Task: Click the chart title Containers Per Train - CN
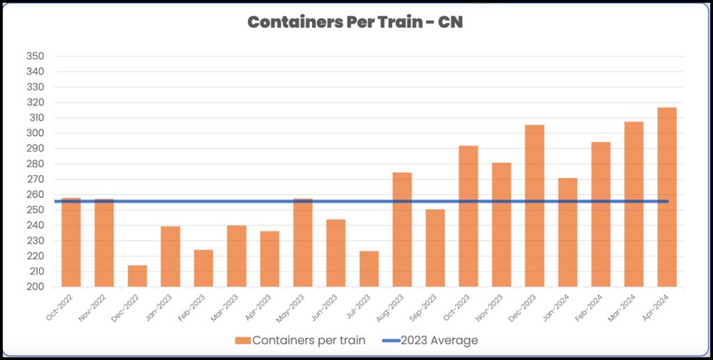tap(356, 22)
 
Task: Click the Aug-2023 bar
tap(402, 230)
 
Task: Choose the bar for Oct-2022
tap(71, 242)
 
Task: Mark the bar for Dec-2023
tap(535, 205)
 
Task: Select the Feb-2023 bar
tap(203, 268)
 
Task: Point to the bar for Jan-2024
tap(567, 233)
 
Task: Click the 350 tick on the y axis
tap(35, 56)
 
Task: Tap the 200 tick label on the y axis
tap(35, 287)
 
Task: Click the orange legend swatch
tap(242, 341)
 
